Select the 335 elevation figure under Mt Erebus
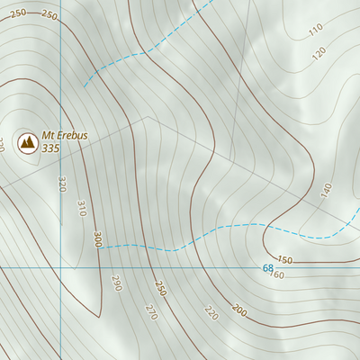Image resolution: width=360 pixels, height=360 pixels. click(x=51, y=148)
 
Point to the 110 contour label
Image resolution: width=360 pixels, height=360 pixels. click(x=315, y=31)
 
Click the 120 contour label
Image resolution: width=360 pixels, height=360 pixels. click(x=319, y=53)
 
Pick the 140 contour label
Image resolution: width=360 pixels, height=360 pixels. click(x=326, y=190)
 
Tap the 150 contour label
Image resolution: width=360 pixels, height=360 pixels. click(x=284, y=260)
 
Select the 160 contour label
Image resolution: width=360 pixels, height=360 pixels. click(x=277, y=274)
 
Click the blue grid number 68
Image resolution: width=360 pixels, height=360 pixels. click(x=267, y=268)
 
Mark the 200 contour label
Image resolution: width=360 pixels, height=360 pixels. click(x=238, y=310)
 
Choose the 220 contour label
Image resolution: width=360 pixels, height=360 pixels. click(x=211, y=312)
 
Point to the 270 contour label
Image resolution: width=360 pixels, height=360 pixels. click(x=150, y=313)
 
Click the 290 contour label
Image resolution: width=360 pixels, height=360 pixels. click(x=116, y=283)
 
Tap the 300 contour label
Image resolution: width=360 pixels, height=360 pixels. click(x=96, y=239)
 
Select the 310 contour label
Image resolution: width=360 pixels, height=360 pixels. click(x=81, y=209)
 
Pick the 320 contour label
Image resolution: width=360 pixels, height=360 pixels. click(x=62, y=184)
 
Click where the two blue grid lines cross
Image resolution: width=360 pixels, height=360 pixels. click(x=61, y=268)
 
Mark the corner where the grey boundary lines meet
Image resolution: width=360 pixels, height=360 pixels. click(x=147, y=117)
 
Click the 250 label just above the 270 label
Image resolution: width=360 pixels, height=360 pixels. click(x=160, y=289)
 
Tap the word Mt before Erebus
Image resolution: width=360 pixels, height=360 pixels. click(x=49, y=135)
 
